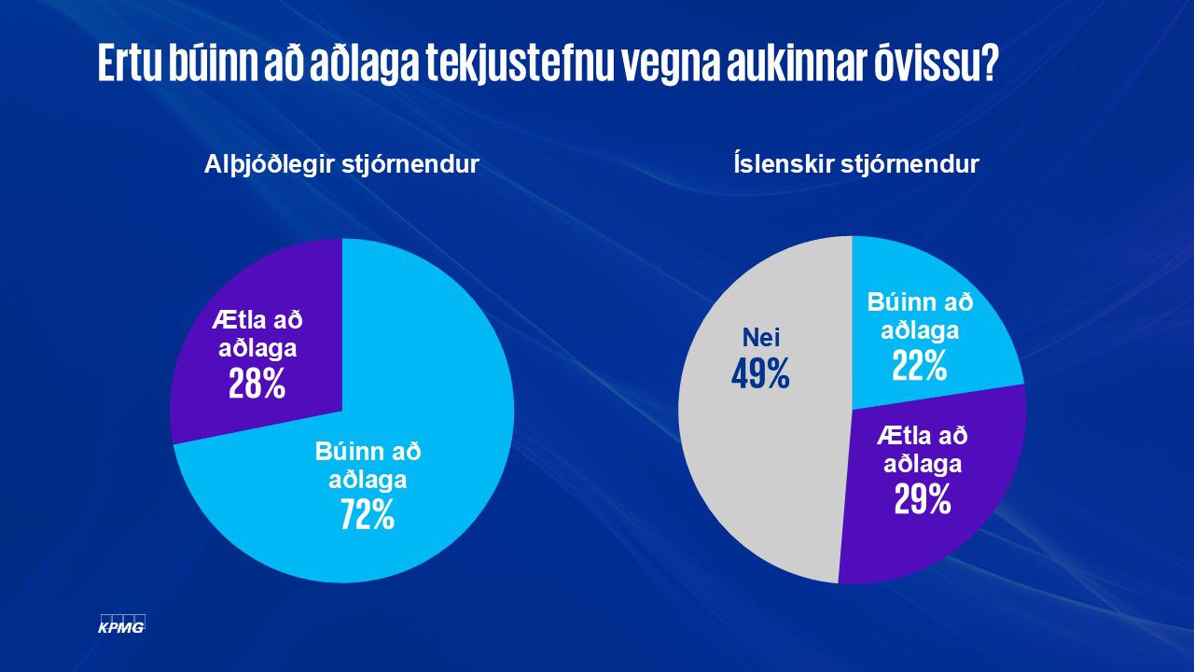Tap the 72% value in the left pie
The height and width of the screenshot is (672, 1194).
(x=368, y=514)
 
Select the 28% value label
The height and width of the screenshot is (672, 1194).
(x=257, y=383)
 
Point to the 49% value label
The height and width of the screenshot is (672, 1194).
(x=760, y=374)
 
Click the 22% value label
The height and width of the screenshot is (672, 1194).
(x=919, y=367)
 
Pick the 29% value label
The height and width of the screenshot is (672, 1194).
(x=923, y=500)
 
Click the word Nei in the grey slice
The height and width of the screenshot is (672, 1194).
(x=760, y=337)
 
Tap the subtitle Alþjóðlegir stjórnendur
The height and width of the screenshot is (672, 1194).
(x=341, y=165)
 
